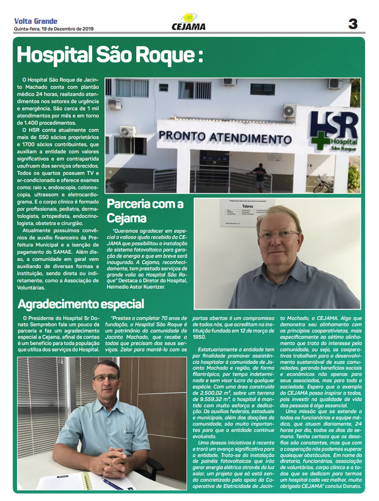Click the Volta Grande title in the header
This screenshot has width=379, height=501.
[36, 21]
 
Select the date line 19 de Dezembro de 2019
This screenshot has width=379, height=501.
[54, 29]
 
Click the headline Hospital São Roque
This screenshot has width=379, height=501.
[110, 55]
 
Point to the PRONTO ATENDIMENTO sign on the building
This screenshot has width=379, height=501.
[225, 137]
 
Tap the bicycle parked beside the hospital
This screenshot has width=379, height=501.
[323, 184]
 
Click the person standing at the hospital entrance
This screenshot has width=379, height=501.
[260, 176]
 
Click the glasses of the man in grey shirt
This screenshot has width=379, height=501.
[279, 235]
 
